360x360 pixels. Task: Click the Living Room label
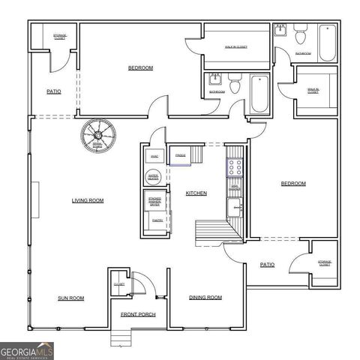tap(88, 200)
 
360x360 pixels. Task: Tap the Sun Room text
tap(71, 298)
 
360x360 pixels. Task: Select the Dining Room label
tap(205, 298)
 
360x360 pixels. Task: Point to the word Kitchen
tap(196, 193)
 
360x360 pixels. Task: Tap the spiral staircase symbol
tap(97, 136)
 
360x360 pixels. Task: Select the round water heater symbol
tap(153, 177)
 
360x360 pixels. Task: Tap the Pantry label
tap(157, 221)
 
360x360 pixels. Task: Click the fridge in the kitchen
tap(181, 155)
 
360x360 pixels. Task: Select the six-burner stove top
tap(235, 167)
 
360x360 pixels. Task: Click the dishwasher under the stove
tap(235, 188)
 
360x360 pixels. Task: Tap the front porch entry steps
tap(119, 337)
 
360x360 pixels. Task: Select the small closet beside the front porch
tap(119, 285)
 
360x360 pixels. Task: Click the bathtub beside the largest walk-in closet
tap(259, 94)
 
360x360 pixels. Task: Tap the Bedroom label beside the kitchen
tap(293, 184)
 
